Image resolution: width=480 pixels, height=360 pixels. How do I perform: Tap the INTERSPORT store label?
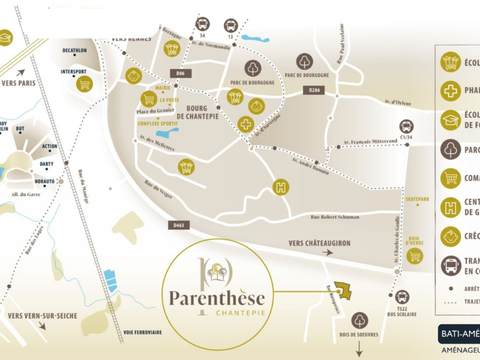click(73, 72)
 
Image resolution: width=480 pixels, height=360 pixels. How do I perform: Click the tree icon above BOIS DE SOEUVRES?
click(359, 320)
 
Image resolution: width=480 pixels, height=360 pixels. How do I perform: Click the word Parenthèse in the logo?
click(213, 296)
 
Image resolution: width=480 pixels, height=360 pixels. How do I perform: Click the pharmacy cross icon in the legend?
click(451, 90)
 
